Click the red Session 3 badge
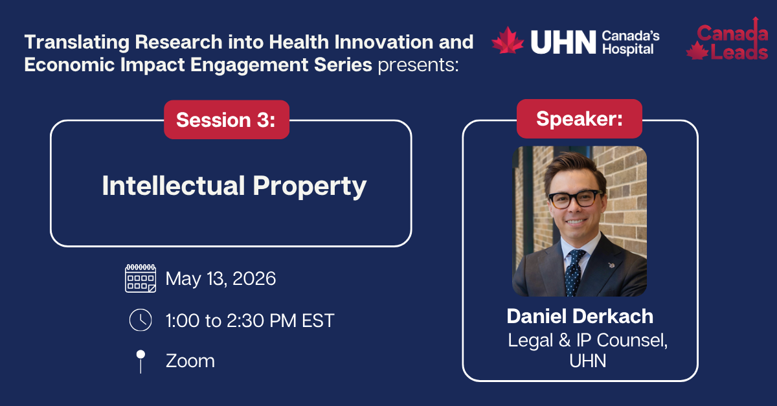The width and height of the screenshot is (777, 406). click(x=226, y=120)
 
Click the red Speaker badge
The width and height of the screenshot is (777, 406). click(x=579, y=118)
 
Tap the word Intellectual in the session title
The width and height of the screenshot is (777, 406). click(x=172, y=186)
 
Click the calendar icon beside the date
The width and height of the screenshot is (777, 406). click(x=141, y=278)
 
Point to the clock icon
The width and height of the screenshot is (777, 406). click(x=141, y=320)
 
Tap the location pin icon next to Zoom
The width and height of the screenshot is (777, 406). click(x=141, y=361)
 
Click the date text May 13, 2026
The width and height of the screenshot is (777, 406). click(x=221, y=279)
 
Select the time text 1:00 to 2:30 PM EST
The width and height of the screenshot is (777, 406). click(x=250, y=321)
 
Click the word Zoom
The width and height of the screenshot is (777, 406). click(x=190, y=361)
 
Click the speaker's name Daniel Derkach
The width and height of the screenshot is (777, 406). click(x=580, y=316)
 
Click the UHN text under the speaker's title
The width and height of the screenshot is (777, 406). click(x=587, y=361)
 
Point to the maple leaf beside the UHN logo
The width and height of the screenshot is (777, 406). click(x=508, y=41)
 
